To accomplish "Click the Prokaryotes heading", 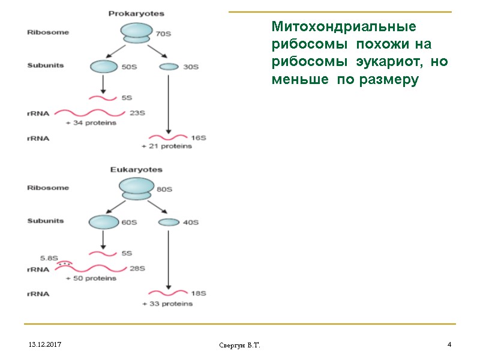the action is (136, 13).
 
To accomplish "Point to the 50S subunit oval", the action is (104, 67).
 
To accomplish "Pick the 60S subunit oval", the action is (104, 223).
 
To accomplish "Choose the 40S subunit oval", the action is (169, 223).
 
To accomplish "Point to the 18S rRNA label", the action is (198, 293).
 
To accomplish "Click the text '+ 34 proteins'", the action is (91, 123).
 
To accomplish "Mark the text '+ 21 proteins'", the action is (167, 146).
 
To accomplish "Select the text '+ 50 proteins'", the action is (91, 279).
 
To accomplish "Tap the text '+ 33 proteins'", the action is (167, 304).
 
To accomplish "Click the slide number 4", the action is (449, 345).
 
